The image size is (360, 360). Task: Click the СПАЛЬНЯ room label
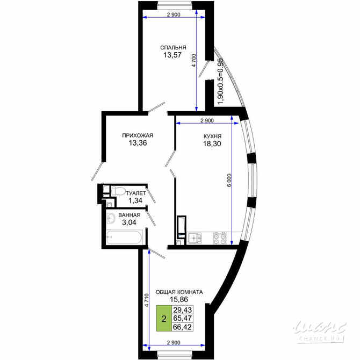(x=173, y=47)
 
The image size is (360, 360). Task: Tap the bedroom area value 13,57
(x=173, y=55)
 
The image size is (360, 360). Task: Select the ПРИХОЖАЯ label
(x=138, y=135)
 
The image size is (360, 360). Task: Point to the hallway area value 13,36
(x=138, y=143)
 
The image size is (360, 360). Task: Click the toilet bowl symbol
(x=118, y=191)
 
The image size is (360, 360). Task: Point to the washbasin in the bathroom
(x=112, y=218)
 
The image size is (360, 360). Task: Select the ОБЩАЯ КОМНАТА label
(x=179, y=292)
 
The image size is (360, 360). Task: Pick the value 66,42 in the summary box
(x=183, y=326)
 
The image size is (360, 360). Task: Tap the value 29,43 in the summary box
(x=183, y=310)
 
